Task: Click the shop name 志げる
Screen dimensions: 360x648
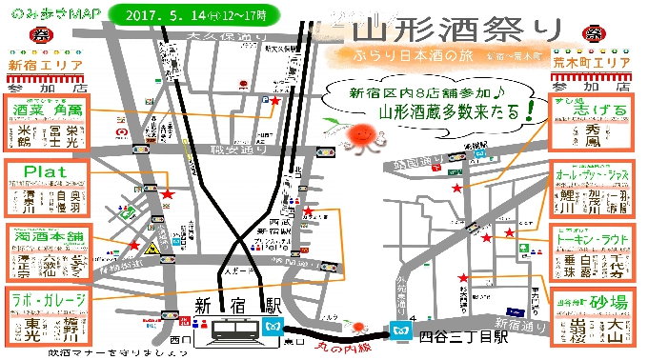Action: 593,110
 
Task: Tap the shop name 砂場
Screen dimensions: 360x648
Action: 606,302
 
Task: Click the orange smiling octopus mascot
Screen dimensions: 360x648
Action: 361,135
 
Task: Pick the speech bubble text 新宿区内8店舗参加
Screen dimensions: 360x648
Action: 411,93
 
